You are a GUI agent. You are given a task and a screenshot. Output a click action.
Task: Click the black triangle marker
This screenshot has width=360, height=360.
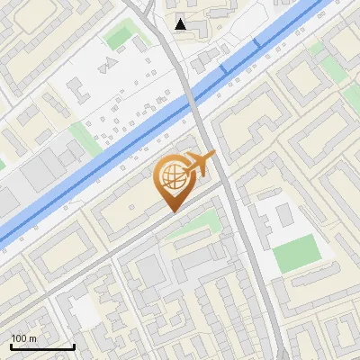coord(182,24)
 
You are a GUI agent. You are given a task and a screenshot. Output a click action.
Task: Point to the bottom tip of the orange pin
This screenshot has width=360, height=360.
coord(172,211)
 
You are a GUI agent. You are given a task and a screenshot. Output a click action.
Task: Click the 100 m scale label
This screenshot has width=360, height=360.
coord(23,337)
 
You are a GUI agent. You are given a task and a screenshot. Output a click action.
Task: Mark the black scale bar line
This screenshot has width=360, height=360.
coord(42,346)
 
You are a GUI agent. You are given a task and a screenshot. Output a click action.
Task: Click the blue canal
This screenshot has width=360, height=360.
coord(108,153)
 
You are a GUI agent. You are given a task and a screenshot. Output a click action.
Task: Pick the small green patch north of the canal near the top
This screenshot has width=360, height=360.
coord(119,37)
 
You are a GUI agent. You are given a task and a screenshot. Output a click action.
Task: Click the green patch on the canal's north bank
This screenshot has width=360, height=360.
coord(81,137)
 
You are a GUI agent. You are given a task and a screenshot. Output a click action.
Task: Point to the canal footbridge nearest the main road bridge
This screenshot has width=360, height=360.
coord(224,68)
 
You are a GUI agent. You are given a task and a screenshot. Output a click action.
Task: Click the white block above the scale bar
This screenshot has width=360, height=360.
coord(84,310)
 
